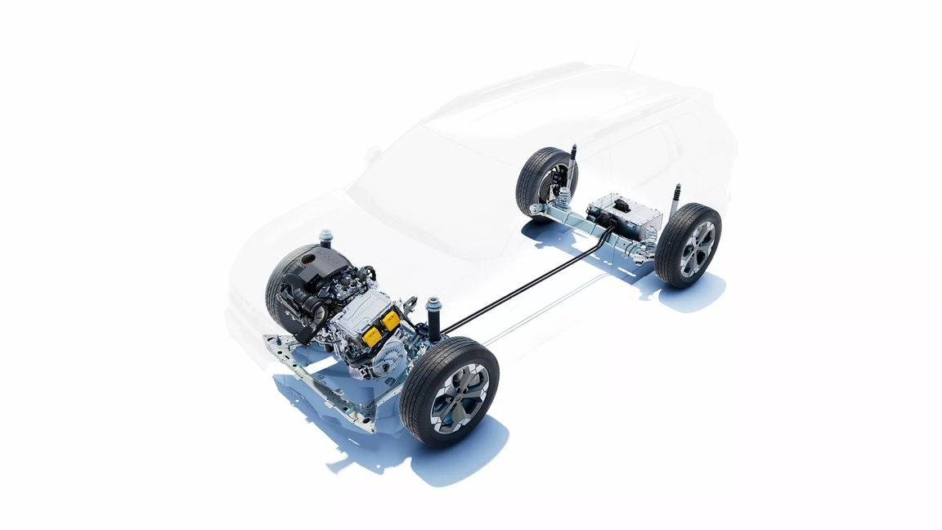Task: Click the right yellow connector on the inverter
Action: [390, 320]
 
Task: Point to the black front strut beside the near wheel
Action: [433, 320]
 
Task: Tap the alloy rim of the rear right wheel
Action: [697, 248]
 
